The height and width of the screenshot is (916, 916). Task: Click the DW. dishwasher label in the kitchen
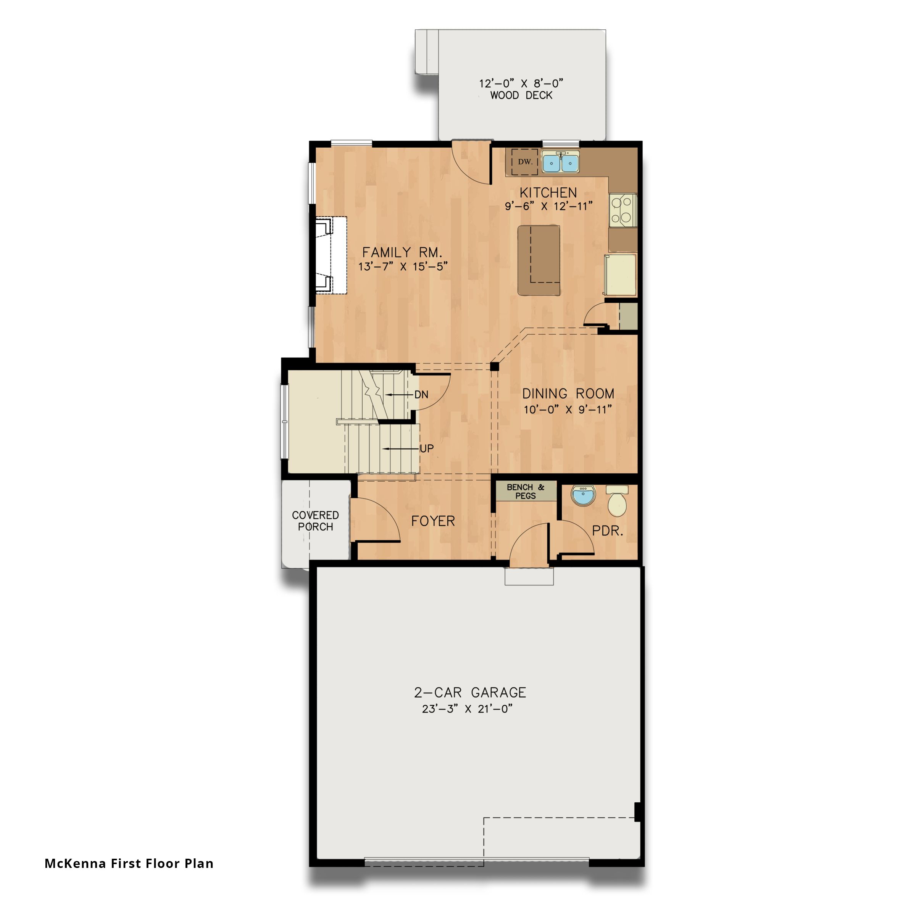point(525,162)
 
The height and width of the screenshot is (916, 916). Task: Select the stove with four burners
point(622,209)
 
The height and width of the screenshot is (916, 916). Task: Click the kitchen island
point(539,260)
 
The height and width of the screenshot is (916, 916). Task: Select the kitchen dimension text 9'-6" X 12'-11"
point(548,206)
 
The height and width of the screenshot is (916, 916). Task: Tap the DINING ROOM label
point(568,393)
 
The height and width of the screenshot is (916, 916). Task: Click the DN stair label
point(421,395)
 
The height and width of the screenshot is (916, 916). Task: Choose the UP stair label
point(426,448)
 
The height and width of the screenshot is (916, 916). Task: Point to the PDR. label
point(607,531)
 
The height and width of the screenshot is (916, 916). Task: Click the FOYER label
point(433,521)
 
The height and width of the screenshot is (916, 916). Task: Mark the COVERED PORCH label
point(315,521)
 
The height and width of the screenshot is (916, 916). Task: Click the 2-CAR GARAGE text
point(470,693)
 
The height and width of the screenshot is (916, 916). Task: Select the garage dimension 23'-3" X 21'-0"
point(468,709)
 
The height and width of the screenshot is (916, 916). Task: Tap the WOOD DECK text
point(521,95)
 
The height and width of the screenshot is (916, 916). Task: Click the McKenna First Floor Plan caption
point(129,863)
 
